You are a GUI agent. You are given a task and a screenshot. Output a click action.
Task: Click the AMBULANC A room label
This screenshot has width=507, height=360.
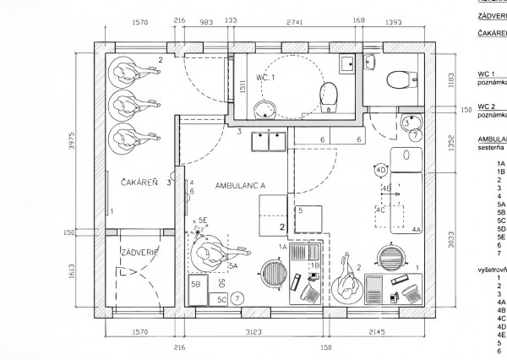241,184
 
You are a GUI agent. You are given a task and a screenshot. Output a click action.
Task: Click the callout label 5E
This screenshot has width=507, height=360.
203,223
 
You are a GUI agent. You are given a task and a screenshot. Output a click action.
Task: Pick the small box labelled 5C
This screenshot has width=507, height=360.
221,298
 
